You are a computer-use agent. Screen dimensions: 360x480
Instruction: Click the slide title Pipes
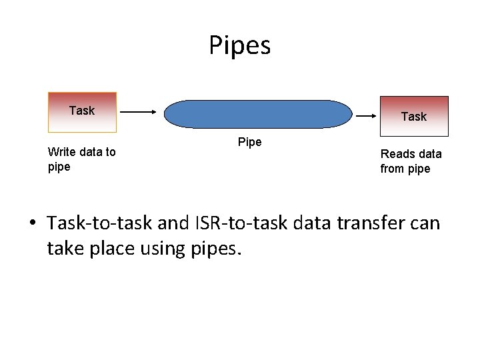pos(239,46)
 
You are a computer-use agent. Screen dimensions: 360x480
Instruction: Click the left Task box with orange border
pos(82,112)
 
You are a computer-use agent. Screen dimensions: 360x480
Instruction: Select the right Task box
pos(413,116)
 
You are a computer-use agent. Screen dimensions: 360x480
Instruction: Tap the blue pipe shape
pos(257,113)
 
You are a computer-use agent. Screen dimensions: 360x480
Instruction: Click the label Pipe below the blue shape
pos(250,142)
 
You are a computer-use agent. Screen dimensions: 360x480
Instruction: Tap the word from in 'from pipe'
pos(393,169)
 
